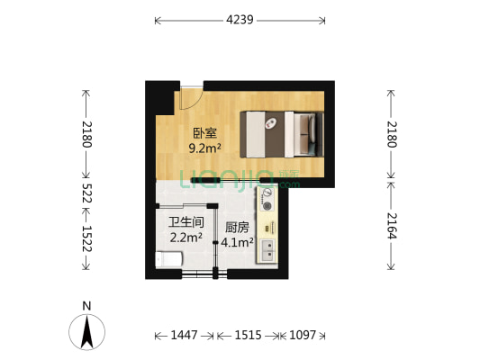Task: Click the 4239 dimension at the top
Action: (x=240, y=18)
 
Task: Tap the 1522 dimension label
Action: (x=87, y=238)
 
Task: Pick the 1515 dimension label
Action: (x=248, y=335)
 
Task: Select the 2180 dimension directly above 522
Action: (x=87, y=135)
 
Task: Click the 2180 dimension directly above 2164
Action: (x=391, y=135)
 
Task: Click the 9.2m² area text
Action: (x=205, y=148)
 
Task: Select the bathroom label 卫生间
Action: (x=186, y=222)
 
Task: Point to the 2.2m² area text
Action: (x=186, y=238)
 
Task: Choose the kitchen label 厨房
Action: (x=237, y=228)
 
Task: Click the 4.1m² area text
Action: (x=238, y=242)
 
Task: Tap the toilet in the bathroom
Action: (x=168, y=260)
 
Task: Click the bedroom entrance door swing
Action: (x=189, y=99)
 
